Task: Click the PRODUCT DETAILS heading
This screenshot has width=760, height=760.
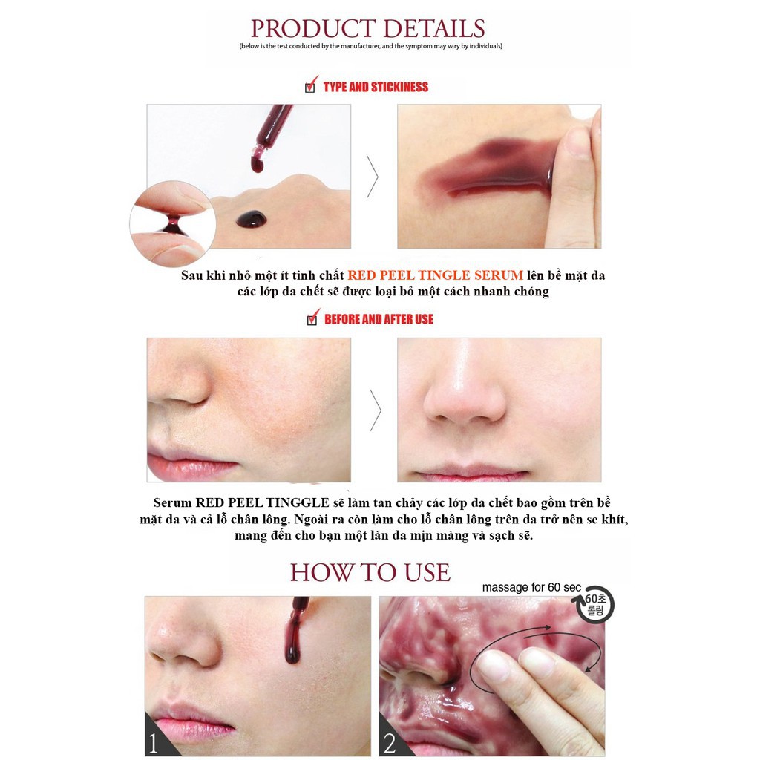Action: click(x=368, y=29)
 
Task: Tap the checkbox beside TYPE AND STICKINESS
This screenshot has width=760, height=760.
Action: click(x=310, y=88)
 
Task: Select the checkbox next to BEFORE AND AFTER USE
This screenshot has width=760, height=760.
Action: click(x=312, y=320)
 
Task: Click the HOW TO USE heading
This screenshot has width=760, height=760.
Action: click(x=370, y=573)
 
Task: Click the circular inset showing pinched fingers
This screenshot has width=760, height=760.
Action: click(x=172, y=224)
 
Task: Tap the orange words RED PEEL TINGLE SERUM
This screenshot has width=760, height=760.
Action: click(x=435, y=275)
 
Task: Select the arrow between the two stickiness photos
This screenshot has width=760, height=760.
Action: click(x=373, y=177)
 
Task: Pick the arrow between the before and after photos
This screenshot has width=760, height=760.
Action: click(x=375, y=410)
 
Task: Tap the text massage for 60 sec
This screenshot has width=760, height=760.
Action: click(x=531, y=588)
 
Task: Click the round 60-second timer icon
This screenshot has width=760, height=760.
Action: click(x=594, y=605)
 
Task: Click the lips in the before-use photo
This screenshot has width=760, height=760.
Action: click(x=190, y=465)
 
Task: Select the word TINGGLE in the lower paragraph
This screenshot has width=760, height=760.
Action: click(x=298, y=502)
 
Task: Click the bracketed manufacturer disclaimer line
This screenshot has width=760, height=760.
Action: click(x=371, y=46)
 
